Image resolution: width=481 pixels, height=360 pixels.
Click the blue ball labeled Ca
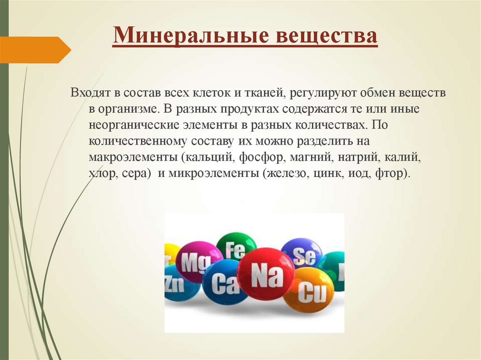pos(224,284)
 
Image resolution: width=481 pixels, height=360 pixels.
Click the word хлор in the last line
pos(101,173)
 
